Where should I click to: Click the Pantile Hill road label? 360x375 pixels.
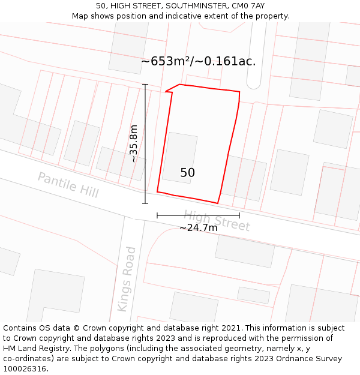pos(68,185)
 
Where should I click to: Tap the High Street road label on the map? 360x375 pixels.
pos(217,220)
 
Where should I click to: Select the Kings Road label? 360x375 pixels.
pos(127,279)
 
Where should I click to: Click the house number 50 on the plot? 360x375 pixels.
pos(187,173)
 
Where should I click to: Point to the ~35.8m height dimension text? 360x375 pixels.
pos(134,143)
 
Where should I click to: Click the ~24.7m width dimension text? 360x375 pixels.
pos(198,228)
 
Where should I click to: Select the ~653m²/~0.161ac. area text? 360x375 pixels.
pos(198,61)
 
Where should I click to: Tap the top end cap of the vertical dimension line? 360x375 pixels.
pos(145,85)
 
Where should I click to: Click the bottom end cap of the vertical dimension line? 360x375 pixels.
pos(145,203)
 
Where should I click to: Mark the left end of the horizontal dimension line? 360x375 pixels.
pos(157,215)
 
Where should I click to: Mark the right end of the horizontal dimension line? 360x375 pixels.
pos(239,215)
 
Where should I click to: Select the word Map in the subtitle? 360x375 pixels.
pos(80,16)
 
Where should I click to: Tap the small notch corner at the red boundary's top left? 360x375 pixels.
pos(166,91)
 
